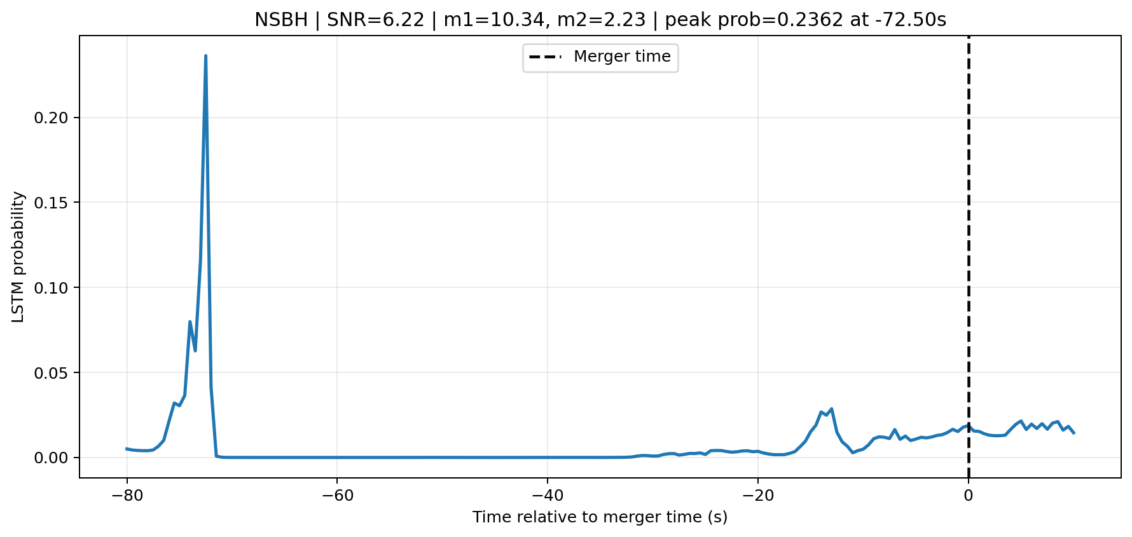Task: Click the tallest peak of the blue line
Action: point(205,56)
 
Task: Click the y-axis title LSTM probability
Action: point(18,257)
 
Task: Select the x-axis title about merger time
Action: point(600,517)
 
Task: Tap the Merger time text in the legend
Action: point(622,57)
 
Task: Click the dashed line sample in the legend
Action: point(545,57)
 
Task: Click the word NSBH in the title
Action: point(281,20)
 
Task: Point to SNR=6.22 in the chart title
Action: point(375,20)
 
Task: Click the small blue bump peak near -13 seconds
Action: point(831,409)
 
